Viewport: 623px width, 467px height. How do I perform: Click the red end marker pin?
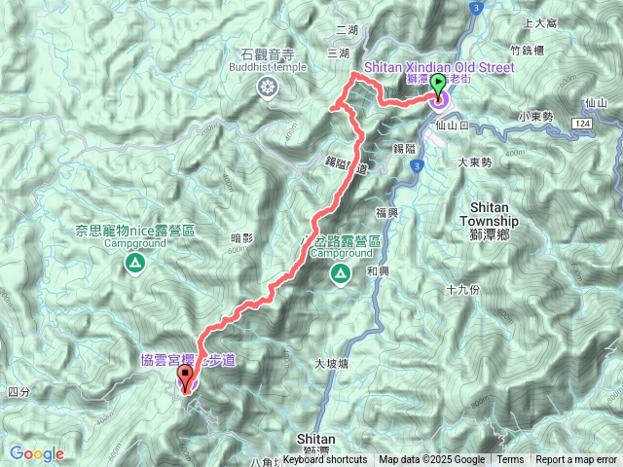[x=186, y=375]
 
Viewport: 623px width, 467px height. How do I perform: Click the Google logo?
[x=37, y=453]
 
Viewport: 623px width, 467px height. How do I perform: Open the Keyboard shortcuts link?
[x=325, y=460]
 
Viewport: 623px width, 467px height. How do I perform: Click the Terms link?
[x=510, y=460]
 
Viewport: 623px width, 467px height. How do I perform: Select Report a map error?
[x=577, y=460]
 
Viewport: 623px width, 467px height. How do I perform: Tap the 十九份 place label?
[x=462, y=290]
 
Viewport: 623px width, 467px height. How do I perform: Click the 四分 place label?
[x=18, y=391]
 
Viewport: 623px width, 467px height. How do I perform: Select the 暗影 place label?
[x=241, y=238]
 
